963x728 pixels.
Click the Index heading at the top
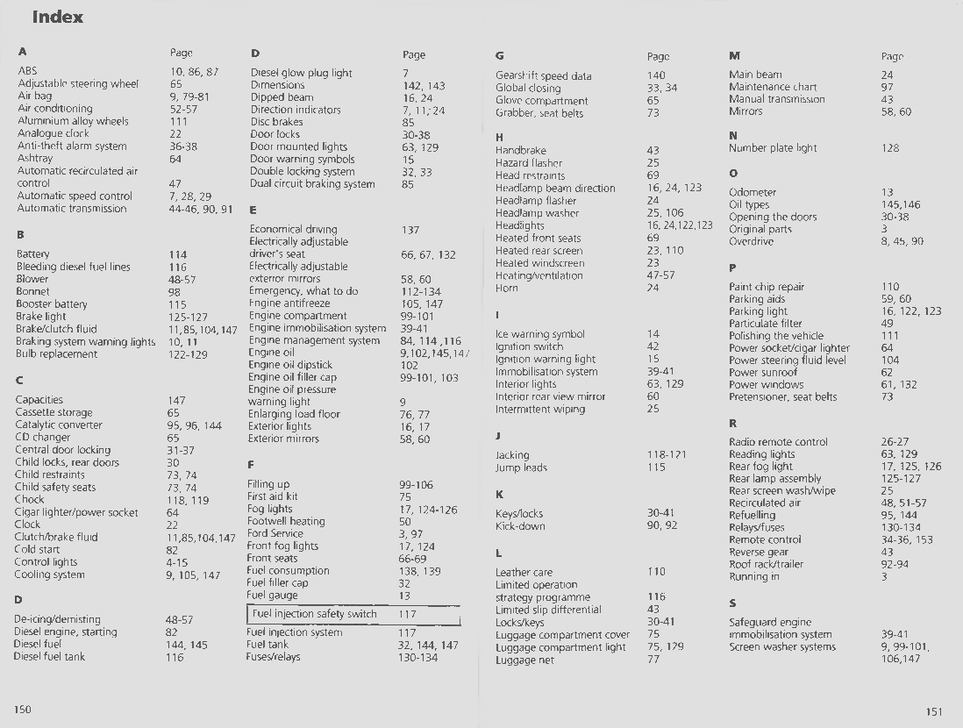tap(57, 17)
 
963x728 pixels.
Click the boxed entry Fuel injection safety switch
tap(314, 614)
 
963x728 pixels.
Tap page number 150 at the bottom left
tap(23, 709)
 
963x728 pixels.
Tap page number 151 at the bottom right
tap(934, 711)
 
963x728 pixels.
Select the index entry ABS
tap(27, 71)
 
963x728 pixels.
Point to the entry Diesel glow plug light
tap(301, 73)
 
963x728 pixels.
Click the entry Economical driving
tap(293, 229)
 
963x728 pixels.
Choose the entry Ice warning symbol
tap(539, 334)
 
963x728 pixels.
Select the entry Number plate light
tap(772, 148)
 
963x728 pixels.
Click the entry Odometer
tap(753, 192)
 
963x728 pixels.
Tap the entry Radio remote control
tap(778, 442)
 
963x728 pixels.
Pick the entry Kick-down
tap(520, 526)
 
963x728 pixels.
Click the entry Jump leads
tap(521, 467)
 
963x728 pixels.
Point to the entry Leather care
tap(524, 572)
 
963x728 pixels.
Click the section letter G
tap(499, 55)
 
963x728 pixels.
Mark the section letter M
tap(734, 55)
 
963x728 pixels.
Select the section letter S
tap(732, 603)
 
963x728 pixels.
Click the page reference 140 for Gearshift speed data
tap(656, 76)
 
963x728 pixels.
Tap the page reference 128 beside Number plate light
tap(890, 148)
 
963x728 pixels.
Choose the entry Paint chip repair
tap(767, 287)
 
